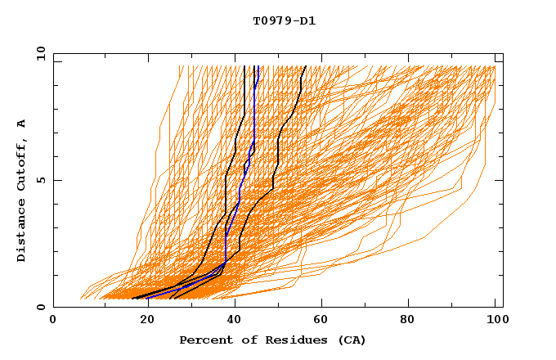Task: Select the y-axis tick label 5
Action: [40, 180]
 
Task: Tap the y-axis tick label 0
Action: [40, 307]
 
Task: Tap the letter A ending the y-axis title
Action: [22, 124]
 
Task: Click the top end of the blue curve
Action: [257, 66]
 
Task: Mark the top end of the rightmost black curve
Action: [306, 66]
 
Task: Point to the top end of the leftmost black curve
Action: [244, 66]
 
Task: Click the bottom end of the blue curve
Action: [148, 299]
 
